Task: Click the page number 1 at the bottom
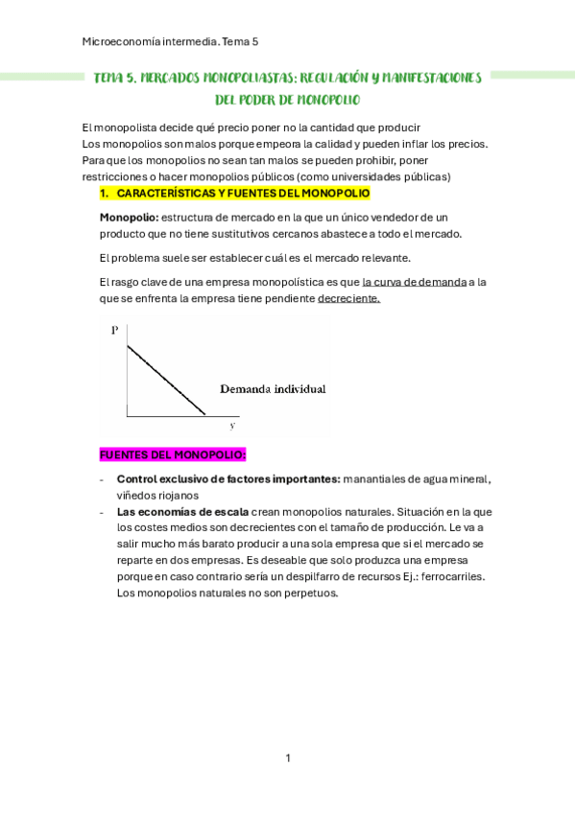coord(287,758)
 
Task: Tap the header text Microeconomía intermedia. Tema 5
coord(171,42)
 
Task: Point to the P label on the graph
coord(115,330)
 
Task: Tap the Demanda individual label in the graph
coord(273,389)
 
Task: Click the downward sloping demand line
coord(165,380)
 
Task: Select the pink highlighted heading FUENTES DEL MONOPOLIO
coord(173,453)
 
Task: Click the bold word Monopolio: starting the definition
coord(130,218)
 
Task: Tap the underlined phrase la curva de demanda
coord(414,282)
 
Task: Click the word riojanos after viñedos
coord(177,495)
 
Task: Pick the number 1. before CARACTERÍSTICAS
coord(105,193)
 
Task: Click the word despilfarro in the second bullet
coord(299,576)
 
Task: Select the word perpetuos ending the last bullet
coord(308,592)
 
